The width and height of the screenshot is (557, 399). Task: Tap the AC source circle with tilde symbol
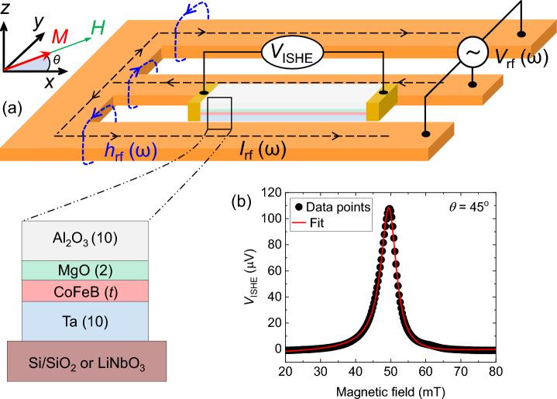coord(473,53)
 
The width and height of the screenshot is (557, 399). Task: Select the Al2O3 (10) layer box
coord(85,239)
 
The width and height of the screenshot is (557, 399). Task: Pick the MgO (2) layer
coord(85,270)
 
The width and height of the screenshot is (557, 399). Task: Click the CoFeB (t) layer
coord(85,291)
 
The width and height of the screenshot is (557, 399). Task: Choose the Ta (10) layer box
coord(85,321)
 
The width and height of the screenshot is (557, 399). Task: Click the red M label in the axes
coord(60,37)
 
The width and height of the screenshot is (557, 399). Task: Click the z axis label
coord(7,8)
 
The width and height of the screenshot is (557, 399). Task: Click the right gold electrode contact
coord(387,105)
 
